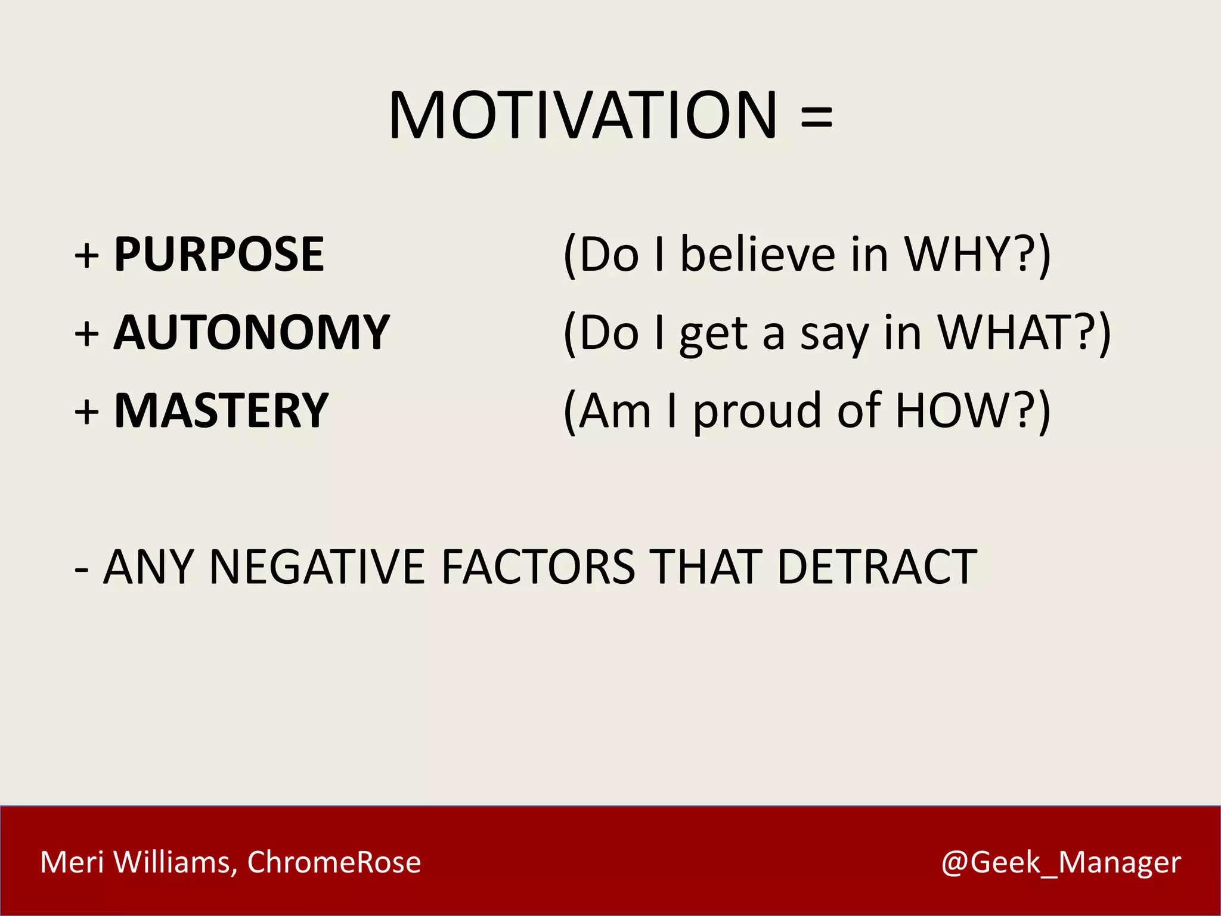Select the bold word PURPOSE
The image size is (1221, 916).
tap(219, 255)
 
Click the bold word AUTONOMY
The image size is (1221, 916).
tap(252, 333)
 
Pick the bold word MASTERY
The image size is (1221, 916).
tap(221, 411)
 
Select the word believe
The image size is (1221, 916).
tap(757, 255)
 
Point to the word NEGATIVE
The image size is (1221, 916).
tap(317, 567)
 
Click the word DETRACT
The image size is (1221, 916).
tap(877, 567)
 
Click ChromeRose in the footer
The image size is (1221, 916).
tap(334, 862)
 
